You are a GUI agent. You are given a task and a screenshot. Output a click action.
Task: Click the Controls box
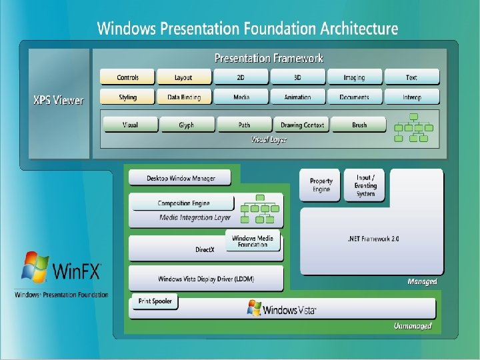[x=127, y=77]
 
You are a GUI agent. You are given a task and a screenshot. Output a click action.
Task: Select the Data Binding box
[x=183, y=97]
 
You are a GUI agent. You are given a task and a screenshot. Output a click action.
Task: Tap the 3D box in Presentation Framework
[x=297, y=77]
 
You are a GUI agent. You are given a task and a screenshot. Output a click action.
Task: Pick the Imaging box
[x=354, y=77]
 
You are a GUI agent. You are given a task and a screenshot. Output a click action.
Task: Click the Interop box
[x=411, y=97]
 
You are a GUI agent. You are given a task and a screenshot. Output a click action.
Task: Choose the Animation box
[x=297, y=97]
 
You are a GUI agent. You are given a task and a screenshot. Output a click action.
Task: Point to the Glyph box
[x=186, y=125]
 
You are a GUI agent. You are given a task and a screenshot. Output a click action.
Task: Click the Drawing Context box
[x=301, y=125]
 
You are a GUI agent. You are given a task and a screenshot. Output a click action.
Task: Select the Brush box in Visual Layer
[x=359, y=125]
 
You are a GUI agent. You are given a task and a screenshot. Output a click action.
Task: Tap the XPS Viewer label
[x=59, y=101]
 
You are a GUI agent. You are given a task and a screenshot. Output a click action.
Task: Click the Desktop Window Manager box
[x=181, y=178]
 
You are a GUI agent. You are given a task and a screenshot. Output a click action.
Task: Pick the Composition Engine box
[x=183, y=203]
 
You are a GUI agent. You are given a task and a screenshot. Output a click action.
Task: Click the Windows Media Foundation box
[x=253, y=241]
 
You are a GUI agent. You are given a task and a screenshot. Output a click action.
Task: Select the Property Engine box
[x=321, y=185]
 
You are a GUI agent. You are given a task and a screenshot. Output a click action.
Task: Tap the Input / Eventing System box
[x=365, y=185]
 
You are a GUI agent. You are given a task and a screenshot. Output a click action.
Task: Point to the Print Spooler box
[x=155, y=301]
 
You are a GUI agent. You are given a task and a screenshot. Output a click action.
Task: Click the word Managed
[x=422, y=281]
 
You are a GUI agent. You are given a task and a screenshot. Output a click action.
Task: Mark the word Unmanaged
[x=413, y=326]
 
